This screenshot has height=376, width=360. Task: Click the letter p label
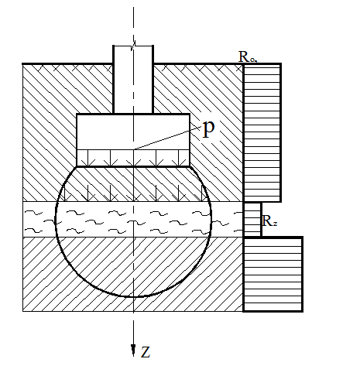[208, 129]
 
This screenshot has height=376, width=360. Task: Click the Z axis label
[146, 352]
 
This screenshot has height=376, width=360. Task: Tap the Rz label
[269, 221]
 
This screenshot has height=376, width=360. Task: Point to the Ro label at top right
[247, 56]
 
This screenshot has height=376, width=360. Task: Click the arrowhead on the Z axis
[133, 350]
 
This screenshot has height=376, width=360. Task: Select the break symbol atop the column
[133, 46]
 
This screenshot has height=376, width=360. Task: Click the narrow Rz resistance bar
[252, 219]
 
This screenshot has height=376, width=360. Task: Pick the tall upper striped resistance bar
[262, 132]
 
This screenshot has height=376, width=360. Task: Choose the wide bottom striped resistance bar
[273, 274]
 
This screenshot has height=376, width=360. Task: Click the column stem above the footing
[133, 80]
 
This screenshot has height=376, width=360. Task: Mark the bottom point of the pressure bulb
[134, 297]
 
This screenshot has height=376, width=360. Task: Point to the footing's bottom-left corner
[77, 166]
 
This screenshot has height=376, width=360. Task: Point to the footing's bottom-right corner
[190, 166]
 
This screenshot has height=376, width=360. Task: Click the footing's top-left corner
[77, 114]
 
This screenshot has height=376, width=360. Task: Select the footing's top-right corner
[190, 114]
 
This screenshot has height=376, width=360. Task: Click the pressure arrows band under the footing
[133, 158]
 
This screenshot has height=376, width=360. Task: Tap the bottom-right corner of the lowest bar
[303, 311]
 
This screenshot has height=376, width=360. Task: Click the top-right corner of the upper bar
[281, 63]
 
